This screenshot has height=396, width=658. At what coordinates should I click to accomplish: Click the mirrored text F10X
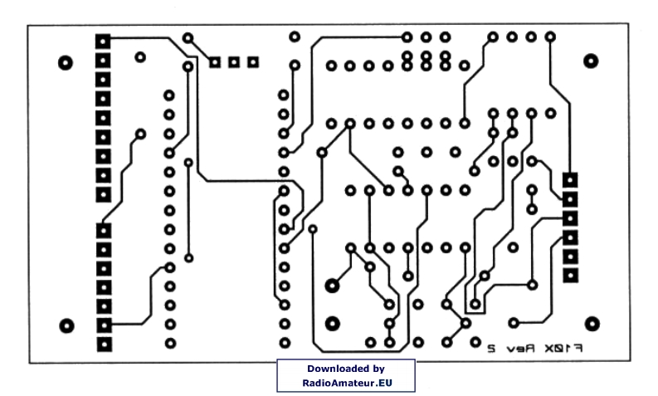coord(568,348)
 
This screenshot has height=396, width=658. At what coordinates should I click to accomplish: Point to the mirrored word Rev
coord(523,348)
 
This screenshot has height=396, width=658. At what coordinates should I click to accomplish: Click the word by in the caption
coord(376,368)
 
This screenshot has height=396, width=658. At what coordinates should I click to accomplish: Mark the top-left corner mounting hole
coord(66,62)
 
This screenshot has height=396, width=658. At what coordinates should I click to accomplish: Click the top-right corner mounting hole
coord(591,61)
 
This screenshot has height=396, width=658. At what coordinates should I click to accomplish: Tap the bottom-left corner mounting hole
coord(67,325)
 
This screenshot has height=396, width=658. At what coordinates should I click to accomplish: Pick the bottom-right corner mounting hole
coord(592,324)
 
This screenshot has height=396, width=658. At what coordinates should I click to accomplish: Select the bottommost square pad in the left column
coord(104,343)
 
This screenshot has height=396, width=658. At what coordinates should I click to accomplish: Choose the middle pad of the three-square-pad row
coord(234,61)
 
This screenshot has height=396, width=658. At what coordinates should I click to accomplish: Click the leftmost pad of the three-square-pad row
coord(215,61)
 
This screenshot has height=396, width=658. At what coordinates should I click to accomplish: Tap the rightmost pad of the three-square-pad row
coord(253,61)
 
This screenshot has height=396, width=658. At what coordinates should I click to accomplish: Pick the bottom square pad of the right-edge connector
coord(571,275)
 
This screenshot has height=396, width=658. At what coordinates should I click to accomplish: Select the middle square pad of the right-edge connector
coord(571,218)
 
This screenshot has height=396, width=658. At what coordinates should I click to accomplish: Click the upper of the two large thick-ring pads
coord(332,285)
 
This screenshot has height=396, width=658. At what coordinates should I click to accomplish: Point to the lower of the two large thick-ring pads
coord(332,323)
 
